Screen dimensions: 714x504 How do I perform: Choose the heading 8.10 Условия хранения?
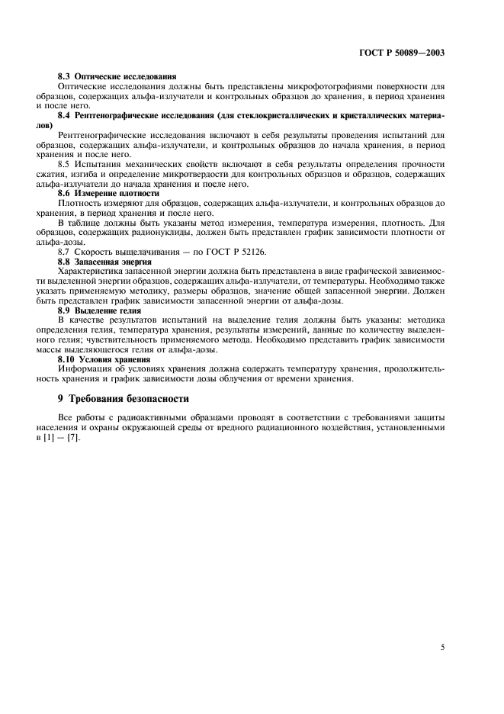[104, 359]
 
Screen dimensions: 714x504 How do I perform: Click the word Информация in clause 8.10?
[86, 368]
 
